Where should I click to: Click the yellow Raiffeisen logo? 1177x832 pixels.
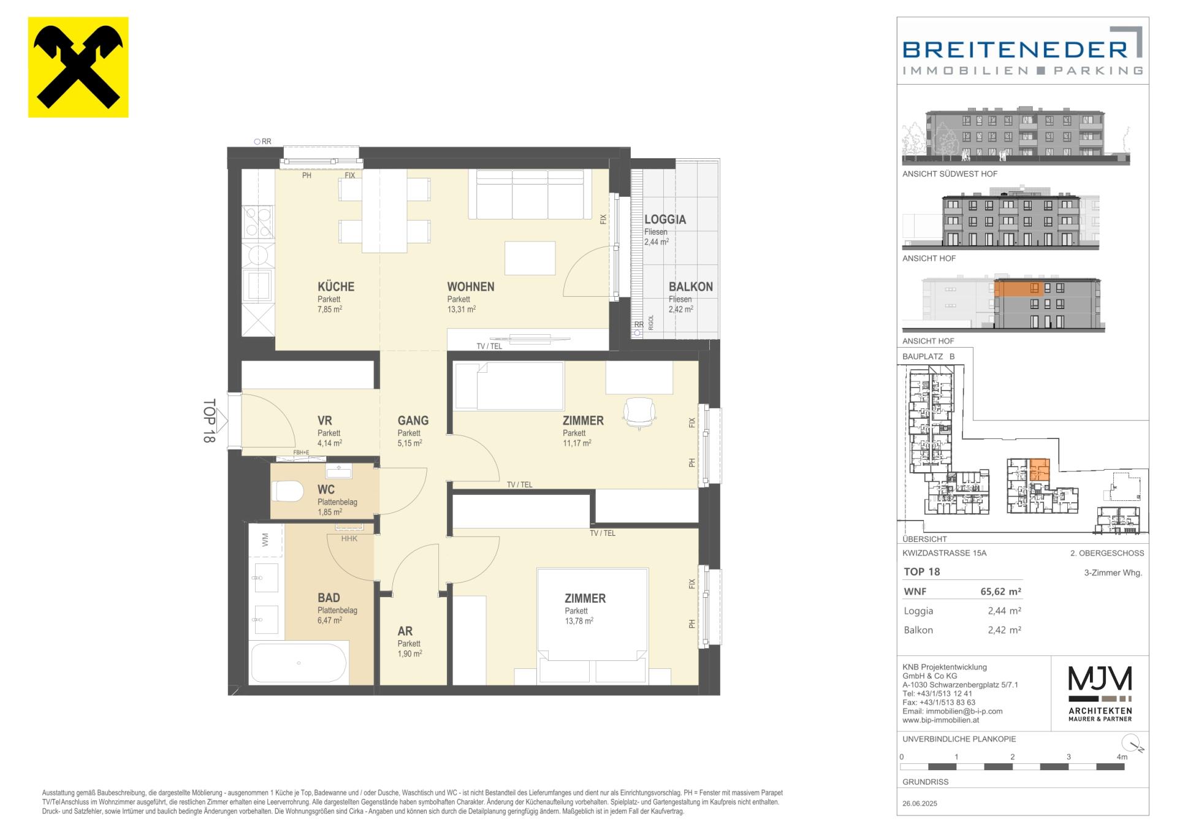point(78,67)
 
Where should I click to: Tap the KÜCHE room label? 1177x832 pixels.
point(336,286)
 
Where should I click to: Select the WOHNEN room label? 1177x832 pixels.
point(471,286)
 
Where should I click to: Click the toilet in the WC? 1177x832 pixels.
point(288,491)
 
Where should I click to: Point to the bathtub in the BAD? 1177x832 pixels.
point(299,663)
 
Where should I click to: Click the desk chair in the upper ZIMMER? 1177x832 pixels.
point(639,412)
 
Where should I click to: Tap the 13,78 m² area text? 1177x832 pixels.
point(579,621)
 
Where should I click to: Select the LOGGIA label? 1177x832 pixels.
point(665,219)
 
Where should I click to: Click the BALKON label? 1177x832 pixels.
point(691,286)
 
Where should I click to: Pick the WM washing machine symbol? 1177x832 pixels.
point(265,540)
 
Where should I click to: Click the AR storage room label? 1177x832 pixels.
point(405,631)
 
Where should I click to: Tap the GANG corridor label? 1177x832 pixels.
point(413,421)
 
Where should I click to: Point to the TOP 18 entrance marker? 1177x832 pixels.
point(209,421)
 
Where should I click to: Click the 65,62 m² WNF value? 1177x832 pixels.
point(1000,592)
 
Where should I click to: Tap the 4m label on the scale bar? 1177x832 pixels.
point(1122,757)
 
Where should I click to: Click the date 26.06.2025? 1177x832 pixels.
point(920,803)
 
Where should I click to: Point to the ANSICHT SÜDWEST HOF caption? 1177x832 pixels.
point(950,174)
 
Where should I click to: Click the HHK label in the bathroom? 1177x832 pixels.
point(349,539)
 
